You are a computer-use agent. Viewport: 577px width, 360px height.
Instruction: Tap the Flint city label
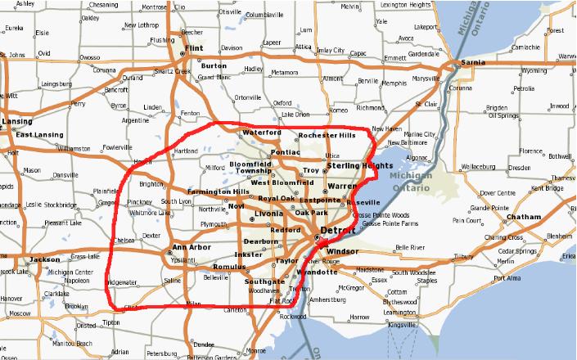(194, 49)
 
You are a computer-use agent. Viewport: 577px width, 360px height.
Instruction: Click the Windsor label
(343, 250)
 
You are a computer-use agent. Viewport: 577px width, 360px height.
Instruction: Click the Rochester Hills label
(327, 135)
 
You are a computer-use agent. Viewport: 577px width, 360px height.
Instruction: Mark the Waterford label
(261, 133)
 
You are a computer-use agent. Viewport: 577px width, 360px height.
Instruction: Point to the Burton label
(214, 65)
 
